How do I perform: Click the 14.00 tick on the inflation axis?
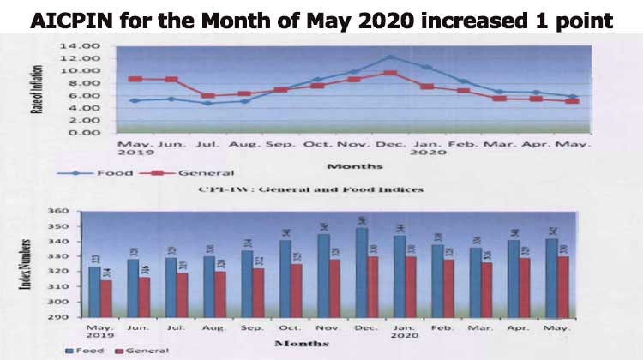[x=98, y=45]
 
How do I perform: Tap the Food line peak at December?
[x=390, y=57]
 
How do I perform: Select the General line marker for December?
[x=390, y=74]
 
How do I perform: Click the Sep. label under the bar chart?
[x=252, y=327]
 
